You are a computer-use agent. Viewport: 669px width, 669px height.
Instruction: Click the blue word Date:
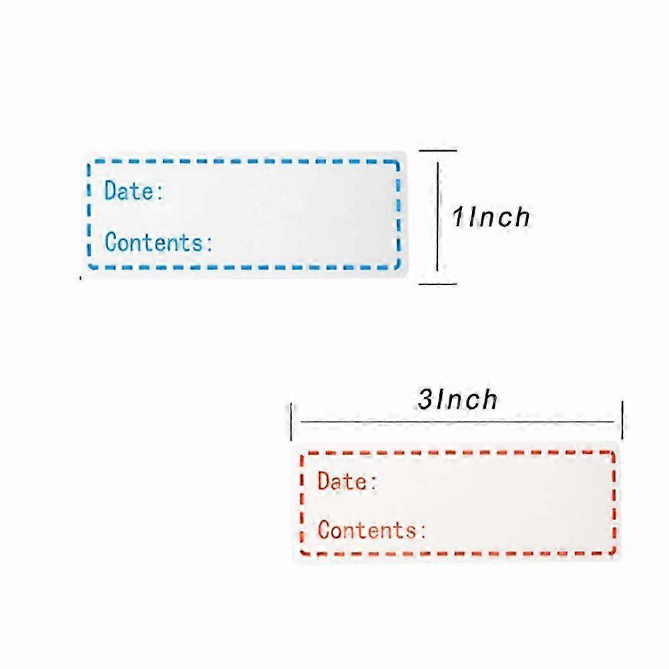(134, 190)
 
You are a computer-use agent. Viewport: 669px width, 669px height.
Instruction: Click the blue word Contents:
(158, 242)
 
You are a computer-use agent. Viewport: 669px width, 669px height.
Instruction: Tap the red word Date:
(347, 481)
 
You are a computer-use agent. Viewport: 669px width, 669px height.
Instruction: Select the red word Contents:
(372, 529)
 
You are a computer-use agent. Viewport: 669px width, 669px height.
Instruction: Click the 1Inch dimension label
(491, 217)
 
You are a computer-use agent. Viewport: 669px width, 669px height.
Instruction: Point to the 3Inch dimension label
(457, 399)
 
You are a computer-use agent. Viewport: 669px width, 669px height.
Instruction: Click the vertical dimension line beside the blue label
(438, 217)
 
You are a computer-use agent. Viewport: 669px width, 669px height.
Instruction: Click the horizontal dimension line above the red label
(457, 422)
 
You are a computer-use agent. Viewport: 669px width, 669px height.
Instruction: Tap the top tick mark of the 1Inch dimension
(438, 150)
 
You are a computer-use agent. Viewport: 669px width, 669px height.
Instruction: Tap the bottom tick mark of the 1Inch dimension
(438, 284)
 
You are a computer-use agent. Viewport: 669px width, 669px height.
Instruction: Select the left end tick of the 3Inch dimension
(291, 421)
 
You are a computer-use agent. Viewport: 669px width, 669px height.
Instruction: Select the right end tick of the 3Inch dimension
(622, 420)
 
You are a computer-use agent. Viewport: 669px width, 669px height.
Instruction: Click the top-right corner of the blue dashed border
(398, 162)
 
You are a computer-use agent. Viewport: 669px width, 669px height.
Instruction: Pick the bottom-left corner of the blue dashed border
(90, 266)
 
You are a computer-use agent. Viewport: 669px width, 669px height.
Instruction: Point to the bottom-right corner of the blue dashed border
(398, 266)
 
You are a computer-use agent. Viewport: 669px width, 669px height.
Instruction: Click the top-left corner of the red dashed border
(302, 455)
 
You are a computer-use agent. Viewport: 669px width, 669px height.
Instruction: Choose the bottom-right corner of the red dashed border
(614, 553)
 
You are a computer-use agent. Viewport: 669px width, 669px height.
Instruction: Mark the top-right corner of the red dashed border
(613, 453)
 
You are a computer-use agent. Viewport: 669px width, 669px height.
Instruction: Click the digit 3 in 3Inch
(425, 400)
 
